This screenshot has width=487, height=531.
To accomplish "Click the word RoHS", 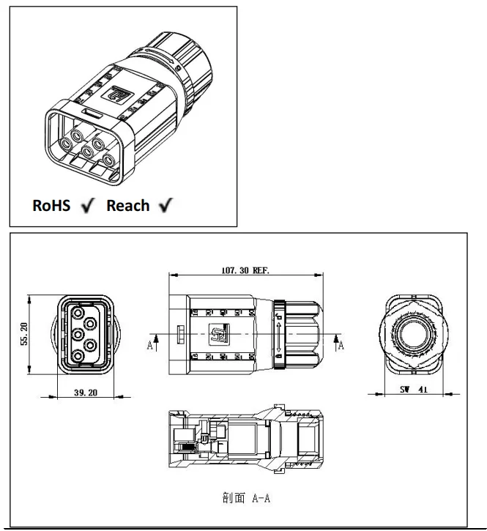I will [x=51, y=206].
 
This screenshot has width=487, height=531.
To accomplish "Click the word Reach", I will [x=128, y=206].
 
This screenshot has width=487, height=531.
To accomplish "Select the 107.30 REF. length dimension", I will [x=245, y=270].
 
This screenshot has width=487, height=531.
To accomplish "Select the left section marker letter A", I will [x=150, y=345].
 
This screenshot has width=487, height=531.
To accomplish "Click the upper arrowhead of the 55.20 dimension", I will [x=29, y=298].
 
